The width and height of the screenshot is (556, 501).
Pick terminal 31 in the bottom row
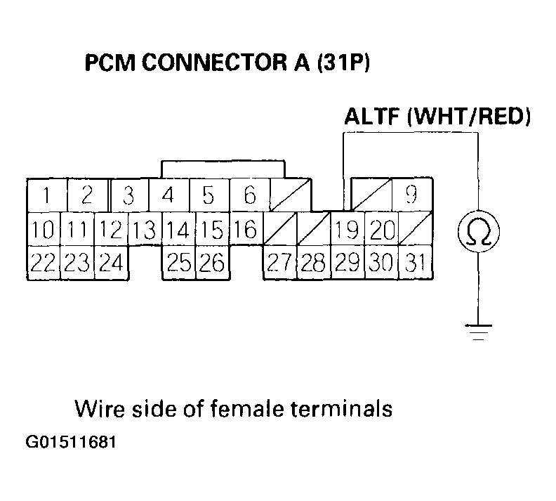point(416,263)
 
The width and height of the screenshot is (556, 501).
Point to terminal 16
point(246,228)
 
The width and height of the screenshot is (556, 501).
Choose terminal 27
point(279,263)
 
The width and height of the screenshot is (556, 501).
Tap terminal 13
point(145,228)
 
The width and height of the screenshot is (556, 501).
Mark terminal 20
point(381,228)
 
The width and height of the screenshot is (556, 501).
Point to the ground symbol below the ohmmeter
point(478,330)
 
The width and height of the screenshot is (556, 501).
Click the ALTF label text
point(371,116)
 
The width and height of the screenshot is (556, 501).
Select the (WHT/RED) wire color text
point(468,116)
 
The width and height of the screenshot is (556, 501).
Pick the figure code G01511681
point(69,443)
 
